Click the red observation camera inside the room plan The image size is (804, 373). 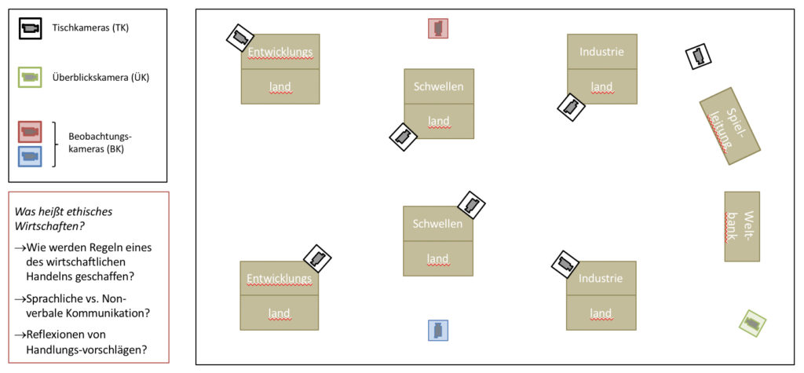click(x=438, y=28)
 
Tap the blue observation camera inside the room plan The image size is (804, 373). click(x=438, y=331)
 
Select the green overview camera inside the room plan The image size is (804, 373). click(x=752, y=324)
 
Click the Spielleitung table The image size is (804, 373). click(x=730, y=126)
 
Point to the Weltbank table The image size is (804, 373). click(x=742, y=226)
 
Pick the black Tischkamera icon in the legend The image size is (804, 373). click(x=31, y=28)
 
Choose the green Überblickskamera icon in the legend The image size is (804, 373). click(x=31, y=78)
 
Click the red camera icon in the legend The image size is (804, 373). click(x=30, y=132)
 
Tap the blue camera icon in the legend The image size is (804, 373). click(x=30, y=156)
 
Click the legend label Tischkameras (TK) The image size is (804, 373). click(x=90, y=28)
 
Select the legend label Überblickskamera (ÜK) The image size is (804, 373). click(x=100, y=78)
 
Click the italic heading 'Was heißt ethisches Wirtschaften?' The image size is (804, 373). click(x=64, y=218)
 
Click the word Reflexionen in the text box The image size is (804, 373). click(x=56, y=335)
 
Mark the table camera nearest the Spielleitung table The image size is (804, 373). click(x=698, y=56)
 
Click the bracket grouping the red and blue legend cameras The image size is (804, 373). click(x=53, y=144)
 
